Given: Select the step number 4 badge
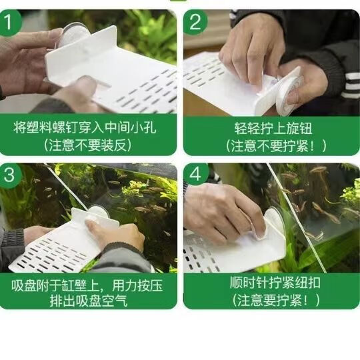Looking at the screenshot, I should [195, 175].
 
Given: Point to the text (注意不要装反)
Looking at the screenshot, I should [89, 145].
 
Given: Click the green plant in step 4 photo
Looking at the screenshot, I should [347, 193].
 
